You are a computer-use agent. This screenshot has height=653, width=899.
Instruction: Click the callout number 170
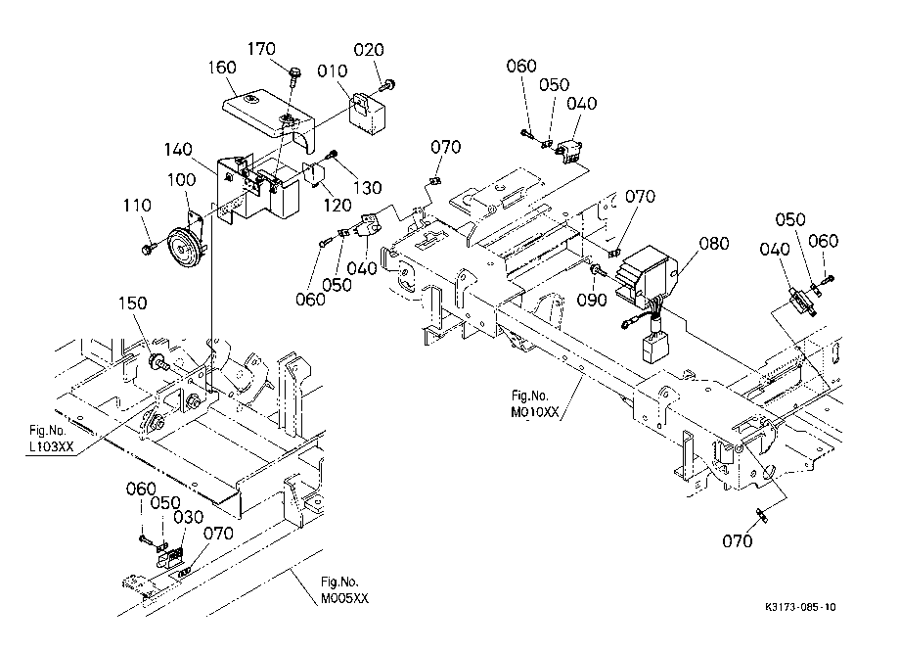[x=260, y=49]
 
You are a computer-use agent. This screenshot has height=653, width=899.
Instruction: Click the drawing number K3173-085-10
[x=802, y=607]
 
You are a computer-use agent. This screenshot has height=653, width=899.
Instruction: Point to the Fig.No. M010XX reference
[x=535, y=403]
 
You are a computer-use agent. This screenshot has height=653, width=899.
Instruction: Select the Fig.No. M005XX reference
[x=345, y=590]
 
